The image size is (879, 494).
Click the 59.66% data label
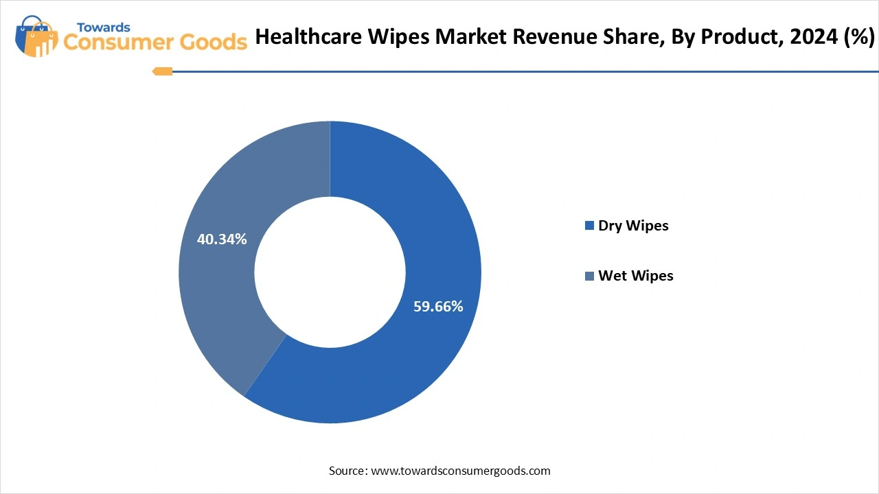point(438,307)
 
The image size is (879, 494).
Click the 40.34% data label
point(222,239)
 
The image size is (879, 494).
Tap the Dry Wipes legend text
point(633,226)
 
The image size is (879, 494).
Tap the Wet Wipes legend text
point(636,276)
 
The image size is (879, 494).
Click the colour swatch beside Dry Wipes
point(589,226)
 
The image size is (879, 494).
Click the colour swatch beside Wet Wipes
point(589,276)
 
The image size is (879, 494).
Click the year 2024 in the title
point(812,38)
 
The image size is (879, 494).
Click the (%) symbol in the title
point(858,38)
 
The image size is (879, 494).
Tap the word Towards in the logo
point(103,27)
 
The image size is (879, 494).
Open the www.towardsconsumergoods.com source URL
point(461,471)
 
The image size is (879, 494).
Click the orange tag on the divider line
point(163,71)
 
